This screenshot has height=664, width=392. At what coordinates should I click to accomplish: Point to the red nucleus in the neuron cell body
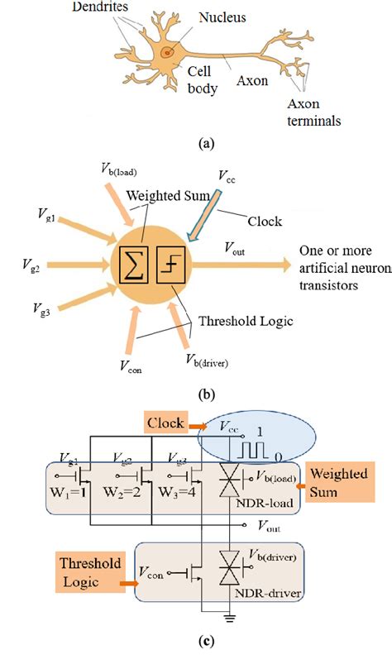[x=168, y=52]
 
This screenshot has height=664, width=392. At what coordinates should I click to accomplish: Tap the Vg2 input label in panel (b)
[x=33, y=266]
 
